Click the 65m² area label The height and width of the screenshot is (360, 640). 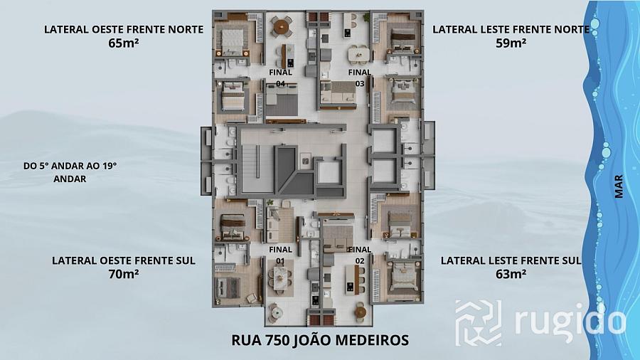point(124,43)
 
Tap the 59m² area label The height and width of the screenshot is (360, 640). point(511,43)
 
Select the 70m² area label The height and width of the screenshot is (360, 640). point(124,274)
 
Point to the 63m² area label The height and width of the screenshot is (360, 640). point(511,274)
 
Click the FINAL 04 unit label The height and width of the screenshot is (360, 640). point(280,78)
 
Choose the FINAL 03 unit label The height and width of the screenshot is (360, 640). point(360,78)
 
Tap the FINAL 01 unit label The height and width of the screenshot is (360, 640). point(280,255)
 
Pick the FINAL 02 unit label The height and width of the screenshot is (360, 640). point(360,255)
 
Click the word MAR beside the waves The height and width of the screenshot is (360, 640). point(619,186)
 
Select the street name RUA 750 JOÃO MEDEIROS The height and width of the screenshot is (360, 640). point(320,340)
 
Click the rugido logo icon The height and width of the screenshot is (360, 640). point(478,322)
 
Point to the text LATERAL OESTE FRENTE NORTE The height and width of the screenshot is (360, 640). point(124,29)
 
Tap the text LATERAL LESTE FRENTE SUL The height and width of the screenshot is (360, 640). point(511,260)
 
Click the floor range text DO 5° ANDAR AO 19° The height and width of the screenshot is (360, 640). point(70,166)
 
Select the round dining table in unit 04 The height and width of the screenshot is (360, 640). point(281,27)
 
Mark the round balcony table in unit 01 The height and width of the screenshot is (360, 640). point(277,312)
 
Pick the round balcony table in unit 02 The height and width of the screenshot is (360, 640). point(360,312)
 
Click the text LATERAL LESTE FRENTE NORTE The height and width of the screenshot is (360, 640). point(511,29)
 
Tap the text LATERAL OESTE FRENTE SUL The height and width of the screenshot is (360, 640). point(124,260)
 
